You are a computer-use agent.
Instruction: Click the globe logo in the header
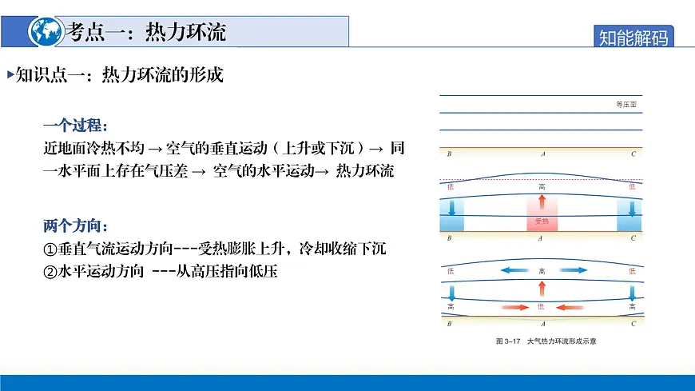(x=45, y=30)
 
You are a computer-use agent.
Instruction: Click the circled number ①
(x=50, y=248)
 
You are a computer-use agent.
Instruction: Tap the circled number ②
(x=50, y=271)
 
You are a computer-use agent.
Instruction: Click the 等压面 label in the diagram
(x=626, y=105)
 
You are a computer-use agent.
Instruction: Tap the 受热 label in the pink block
(x=542, y=221)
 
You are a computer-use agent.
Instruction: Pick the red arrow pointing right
(x=514, y=306)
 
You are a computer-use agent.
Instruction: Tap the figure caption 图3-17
(x=508, y=341)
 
